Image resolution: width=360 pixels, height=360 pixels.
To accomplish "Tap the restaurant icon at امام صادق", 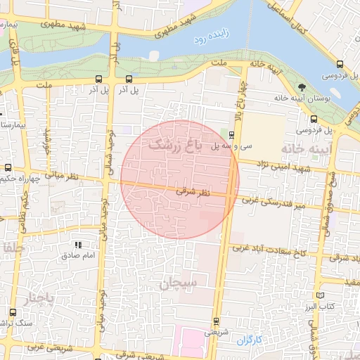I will [x=78, y=245].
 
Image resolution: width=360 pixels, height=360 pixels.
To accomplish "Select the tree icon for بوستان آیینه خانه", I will [x=302, y=87].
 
